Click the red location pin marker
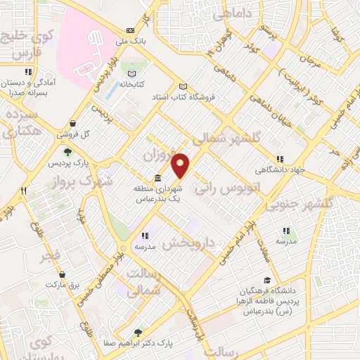click(x=181, y=165)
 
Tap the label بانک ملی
click(x=131, y=41)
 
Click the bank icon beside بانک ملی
click(x=131, y=31)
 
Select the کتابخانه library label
click(x=131, y=84)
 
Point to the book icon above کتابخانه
click(x=131, y=73)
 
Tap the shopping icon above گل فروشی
click(x=73, y=123)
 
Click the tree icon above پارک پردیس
click(x=67, y=151)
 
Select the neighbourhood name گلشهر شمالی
click(x=226, y=138)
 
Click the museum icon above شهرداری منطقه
click(x=156, y=179)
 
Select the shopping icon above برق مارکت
click(x=63, y=274)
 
